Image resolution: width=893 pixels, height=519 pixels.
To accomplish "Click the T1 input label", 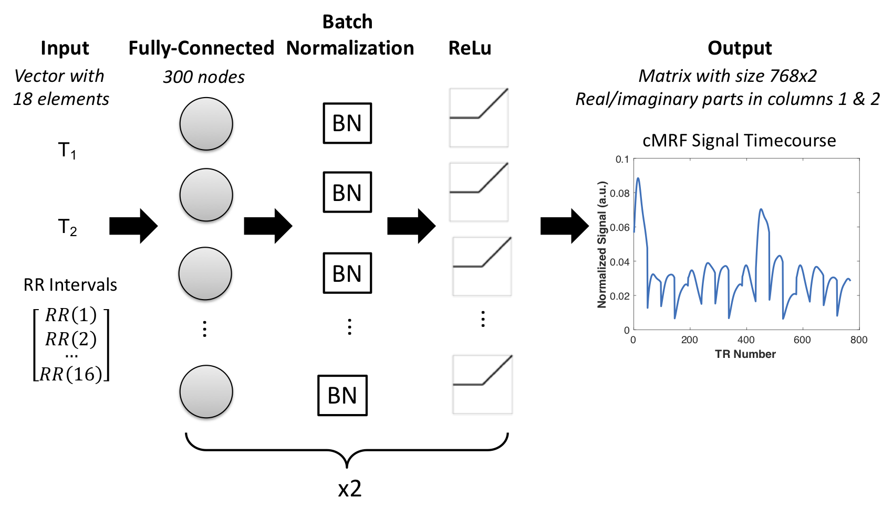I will point(67,151).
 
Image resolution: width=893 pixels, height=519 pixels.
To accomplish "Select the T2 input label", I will point(67,228).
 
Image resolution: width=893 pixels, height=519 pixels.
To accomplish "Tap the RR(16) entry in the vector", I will point(71,374).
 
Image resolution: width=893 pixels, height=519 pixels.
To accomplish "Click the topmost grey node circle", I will point(206,124).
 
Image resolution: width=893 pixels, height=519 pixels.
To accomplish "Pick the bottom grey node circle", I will point(206,391).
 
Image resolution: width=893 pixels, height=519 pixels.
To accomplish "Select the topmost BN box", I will point(347,123).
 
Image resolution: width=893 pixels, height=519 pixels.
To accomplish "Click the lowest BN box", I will point(342,395).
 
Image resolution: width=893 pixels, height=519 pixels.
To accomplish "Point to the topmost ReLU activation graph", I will point(479,118).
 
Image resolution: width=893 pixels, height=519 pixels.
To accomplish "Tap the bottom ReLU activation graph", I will point(482,385).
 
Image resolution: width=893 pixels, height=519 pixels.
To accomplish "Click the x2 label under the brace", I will point(349,489).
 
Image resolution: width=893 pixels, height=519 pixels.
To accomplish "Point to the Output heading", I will point(740,48).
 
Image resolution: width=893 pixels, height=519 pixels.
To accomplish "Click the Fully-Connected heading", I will point(201,48).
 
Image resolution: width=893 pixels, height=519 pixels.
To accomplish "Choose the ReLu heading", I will point(470,48).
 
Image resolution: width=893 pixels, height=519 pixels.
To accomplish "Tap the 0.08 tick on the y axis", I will point(620,193).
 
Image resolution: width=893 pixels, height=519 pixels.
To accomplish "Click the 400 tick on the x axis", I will point(746,340).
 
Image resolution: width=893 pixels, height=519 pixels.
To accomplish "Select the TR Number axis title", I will point(745,354).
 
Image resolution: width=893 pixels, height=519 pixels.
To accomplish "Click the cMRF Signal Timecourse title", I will point(739,141).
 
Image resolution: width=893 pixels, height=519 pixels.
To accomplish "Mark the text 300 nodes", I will point(204,77).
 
